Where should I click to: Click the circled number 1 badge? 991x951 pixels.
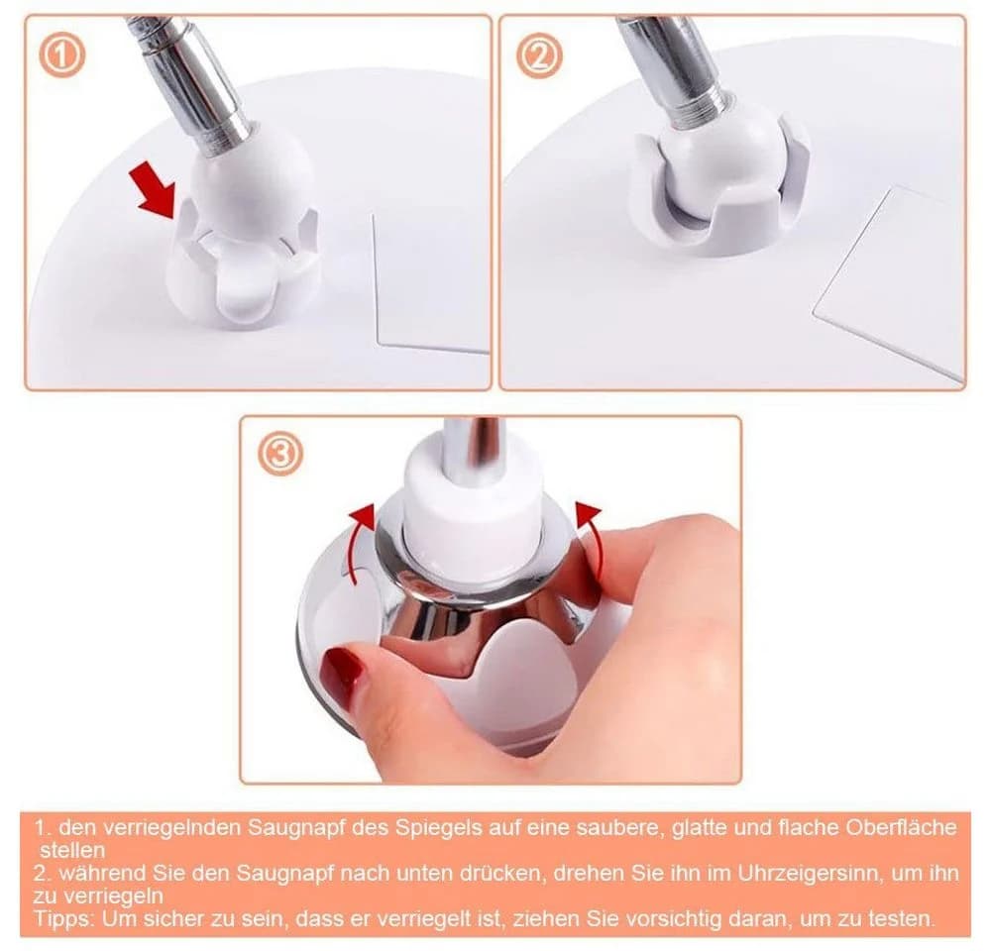click(x=61, y=55)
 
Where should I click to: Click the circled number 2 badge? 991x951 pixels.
click(x=538, y=55)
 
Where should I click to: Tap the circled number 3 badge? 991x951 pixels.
click(x=280, y=453)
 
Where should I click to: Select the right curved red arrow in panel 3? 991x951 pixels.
click(x=590, y=537)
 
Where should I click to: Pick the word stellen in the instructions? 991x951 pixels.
click(x=72, y=850)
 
